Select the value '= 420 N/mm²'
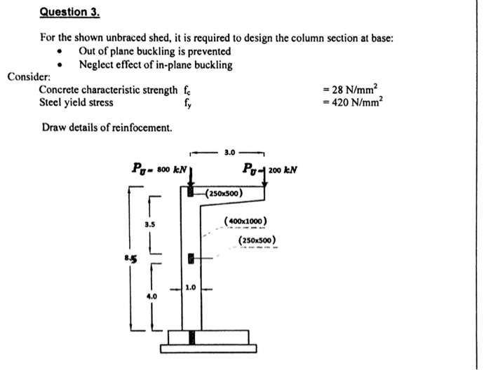[356, 102]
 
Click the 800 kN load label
[158, 168]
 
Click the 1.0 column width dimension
[190, 287]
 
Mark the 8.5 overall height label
[129, 258]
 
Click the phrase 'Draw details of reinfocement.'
[106, 127]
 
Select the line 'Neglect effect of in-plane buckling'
[155, 64]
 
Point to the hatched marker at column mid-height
[190, 260]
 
